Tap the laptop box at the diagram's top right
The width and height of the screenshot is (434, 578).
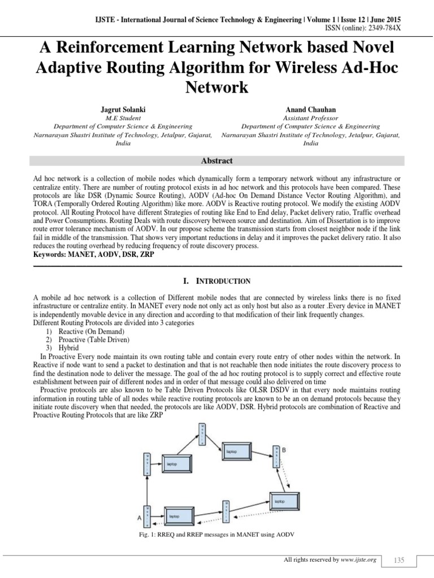tap(232, 452)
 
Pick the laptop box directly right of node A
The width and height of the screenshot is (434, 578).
tap(175, 516)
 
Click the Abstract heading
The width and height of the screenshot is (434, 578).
tap(217, 161)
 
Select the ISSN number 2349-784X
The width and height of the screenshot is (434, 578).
tap(400, 28)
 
